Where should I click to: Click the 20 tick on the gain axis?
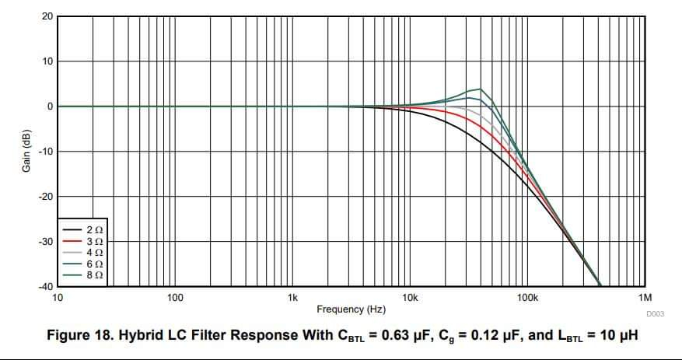point(47,16)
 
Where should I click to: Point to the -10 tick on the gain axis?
point(45,152)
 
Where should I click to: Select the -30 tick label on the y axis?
point(45,242)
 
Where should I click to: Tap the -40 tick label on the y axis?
point(45,287)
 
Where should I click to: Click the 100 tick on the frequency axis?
point(175,298)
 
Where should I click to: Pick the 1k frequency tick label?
point(292,298)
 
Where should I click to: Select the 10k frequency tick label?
point(410,298)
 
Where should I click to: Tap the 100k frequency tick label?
point(527,298)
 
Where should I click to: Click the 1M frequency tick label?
point(645,298)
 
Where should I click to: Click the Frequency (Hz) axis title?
point(351,309)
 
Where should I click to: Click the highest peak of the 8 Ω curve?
point(480,89)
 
